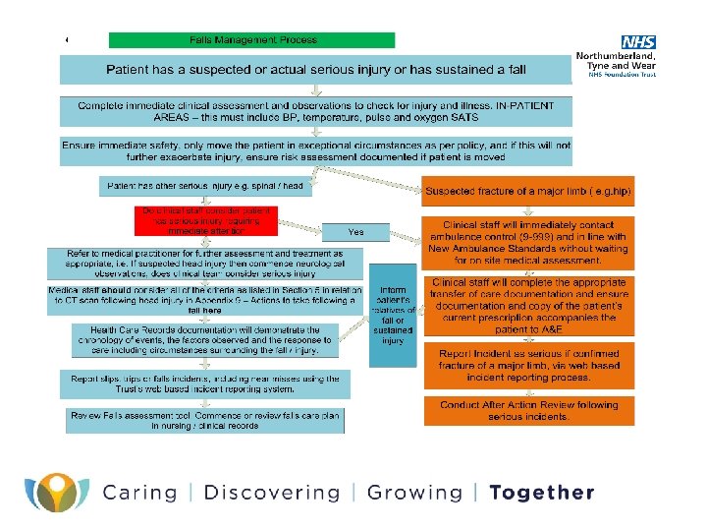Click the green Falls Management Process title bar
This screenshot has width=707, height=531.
point(252,40)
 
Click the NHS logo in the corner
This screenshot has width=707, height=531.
point(638,42)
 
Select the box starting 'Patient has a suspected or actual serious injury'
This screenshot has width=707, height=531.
point(316,69)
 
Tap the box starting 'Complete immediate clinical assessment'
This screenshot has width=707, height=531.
point(316,110)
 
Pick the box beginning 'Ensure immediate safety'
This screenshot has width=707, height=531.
point(316,149)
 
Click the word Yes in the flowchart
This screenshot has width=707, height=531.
point(356,232)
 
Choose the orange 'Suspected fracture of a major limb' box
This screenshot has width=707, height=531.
point(529,189)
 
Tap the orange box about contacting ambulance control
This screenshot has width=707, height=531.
point(529,242)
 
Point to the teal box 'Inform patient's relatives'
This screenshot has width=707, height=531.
point(393,315)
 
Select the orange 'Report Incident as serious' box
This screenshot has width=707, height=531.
point(529,365)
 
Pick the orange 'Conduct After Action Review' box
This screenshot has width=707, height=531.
point(529,411)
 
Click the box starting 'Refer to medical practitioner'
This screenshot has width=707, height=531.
point(207,264)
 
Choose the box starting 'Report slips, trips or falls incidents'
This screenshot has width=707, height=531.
point(207,383)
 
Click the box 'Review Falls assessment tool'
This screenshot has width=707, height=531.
point(207,420)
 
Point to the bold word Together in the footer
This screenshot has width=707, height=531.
point(542,493)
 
